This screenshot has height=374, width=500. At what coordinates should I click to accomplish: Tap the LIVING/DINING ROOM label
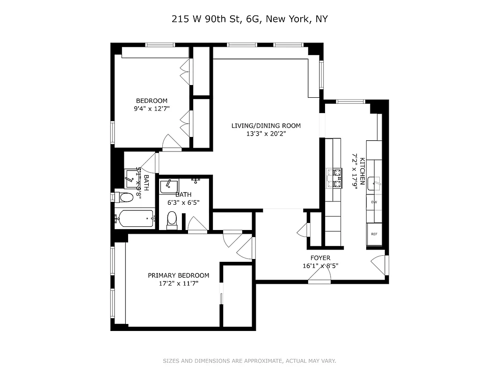tap(266, 125)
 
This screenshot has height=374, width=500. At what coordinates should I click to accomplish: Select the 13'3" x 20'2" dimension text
tap(266, 133)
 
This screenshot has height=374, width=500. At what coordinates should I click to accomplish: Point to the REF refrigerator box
tap(374, 234)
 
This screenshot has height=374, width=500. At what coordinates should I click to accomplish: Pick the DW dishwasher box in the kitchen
tap(374, 202)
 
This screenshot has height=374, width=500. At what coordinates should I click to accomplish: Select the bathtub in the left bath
tap(136, 217)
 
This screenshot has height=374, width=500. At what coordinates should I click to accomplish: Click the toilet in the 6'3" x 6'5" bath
tap(172, 219)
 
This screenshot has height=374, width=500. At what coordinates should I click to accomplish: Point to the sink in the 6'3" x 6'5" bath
tap(168, 186)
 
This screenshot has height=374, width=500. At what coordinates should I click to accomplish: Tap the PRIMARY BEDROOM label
tap(178, 275)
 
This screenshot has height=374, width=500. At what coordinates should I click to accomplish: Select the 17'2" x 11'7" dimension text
tap(178, 283)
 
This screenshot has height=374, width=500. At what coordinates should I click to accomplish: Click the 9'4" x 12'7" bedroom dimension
tap(152, 108)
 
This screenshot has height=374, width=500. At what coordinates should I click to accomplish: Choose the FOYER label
tap(320, 258)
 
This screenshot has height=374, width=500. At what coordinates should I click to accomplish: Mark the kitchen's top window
tap(350, 101)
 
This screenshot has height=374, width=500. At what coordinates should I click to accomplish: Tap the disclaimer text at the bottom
tap(249, 361)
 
